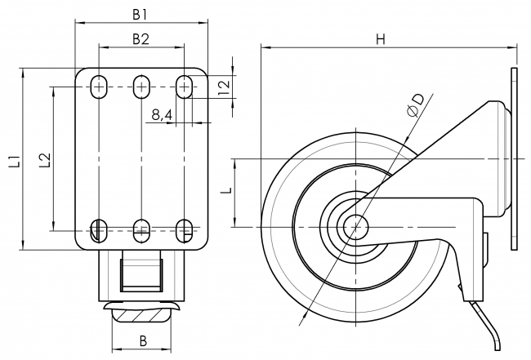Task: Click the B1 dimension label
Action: click(x=141, y=13)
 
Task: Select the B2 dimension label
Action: click(x=141, y=38)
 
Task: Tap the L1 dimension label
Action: click(x=14, y=160)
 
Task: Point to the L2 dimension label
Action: click(x=44, y=160)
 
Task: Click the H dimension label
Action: click(x=381, y=38)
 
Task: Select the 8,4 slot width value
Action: click(x=161, y=115)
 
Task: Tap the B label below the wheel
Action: click(x=142, y=340)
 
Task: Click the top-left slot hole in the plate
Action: click(x=99, y=86)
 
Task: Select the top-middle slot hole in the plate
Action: click(x=141, y=86)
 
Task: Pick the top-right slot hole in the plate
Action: click(x=185, y=86)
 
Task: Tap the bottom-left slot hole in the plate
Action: click(x=99, y=229)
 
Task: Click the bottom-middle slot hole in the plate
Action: click(x=141, y=229)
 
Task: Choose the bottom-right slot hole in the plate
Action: click(x=185, y=229)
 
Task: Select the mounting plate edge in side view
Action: click(x=514, y=158)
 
